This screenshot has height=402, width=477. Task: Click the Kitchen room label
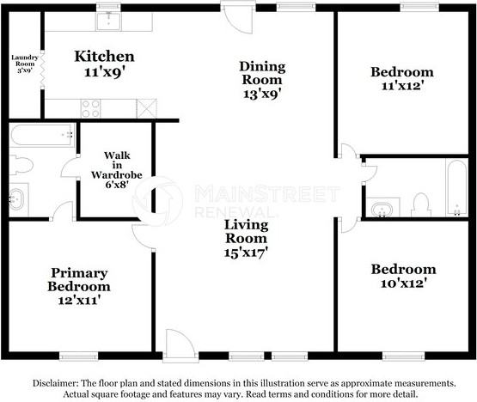[104, 57]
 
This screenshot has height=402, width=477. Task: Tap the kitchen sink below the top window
[108, 21]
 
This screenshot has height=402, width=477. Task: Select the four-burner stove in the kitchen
[90, 109]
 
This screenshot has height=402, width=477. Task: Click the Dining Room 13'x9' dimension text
[261, 94]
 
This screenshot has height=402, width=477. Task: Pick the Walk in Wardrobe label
[117, 170]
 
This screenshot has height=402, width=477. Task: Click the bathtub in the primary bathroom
[42, 135]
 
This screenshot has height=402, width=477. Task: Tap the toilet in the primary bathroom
[21, 165]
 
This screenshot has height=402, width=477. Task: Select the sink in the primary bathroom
[16, 199]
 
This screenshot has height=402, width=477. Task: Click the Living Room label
[246, 232]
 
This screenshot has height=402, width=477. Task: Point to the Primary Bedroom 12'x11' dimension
[79, 301]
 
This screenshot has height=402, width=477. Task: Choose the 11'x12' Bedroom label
[402, 79]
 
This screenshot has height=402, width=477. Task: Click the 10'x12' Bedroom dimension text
[402, 283]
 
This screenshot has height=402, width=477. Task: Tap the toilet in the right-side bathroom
[421, 204]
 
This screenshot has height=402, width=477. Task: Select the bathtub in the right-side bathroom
[456, 188]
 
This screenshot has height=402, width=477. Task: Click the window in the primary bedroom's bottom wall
[78, 356]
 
